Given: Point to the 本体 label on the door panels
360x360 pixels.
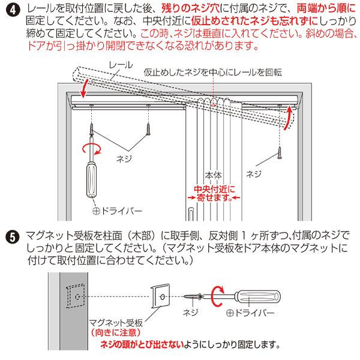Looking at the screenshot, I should point(214,176).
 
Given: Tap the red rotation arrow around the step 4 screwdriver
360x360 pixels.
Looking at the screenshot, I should point(91,148).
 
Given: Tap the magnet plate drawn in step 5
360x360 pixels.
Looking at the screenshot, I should point(160,296).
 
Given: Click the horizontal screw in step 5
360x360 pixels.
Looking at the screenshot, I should point(193,296).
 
